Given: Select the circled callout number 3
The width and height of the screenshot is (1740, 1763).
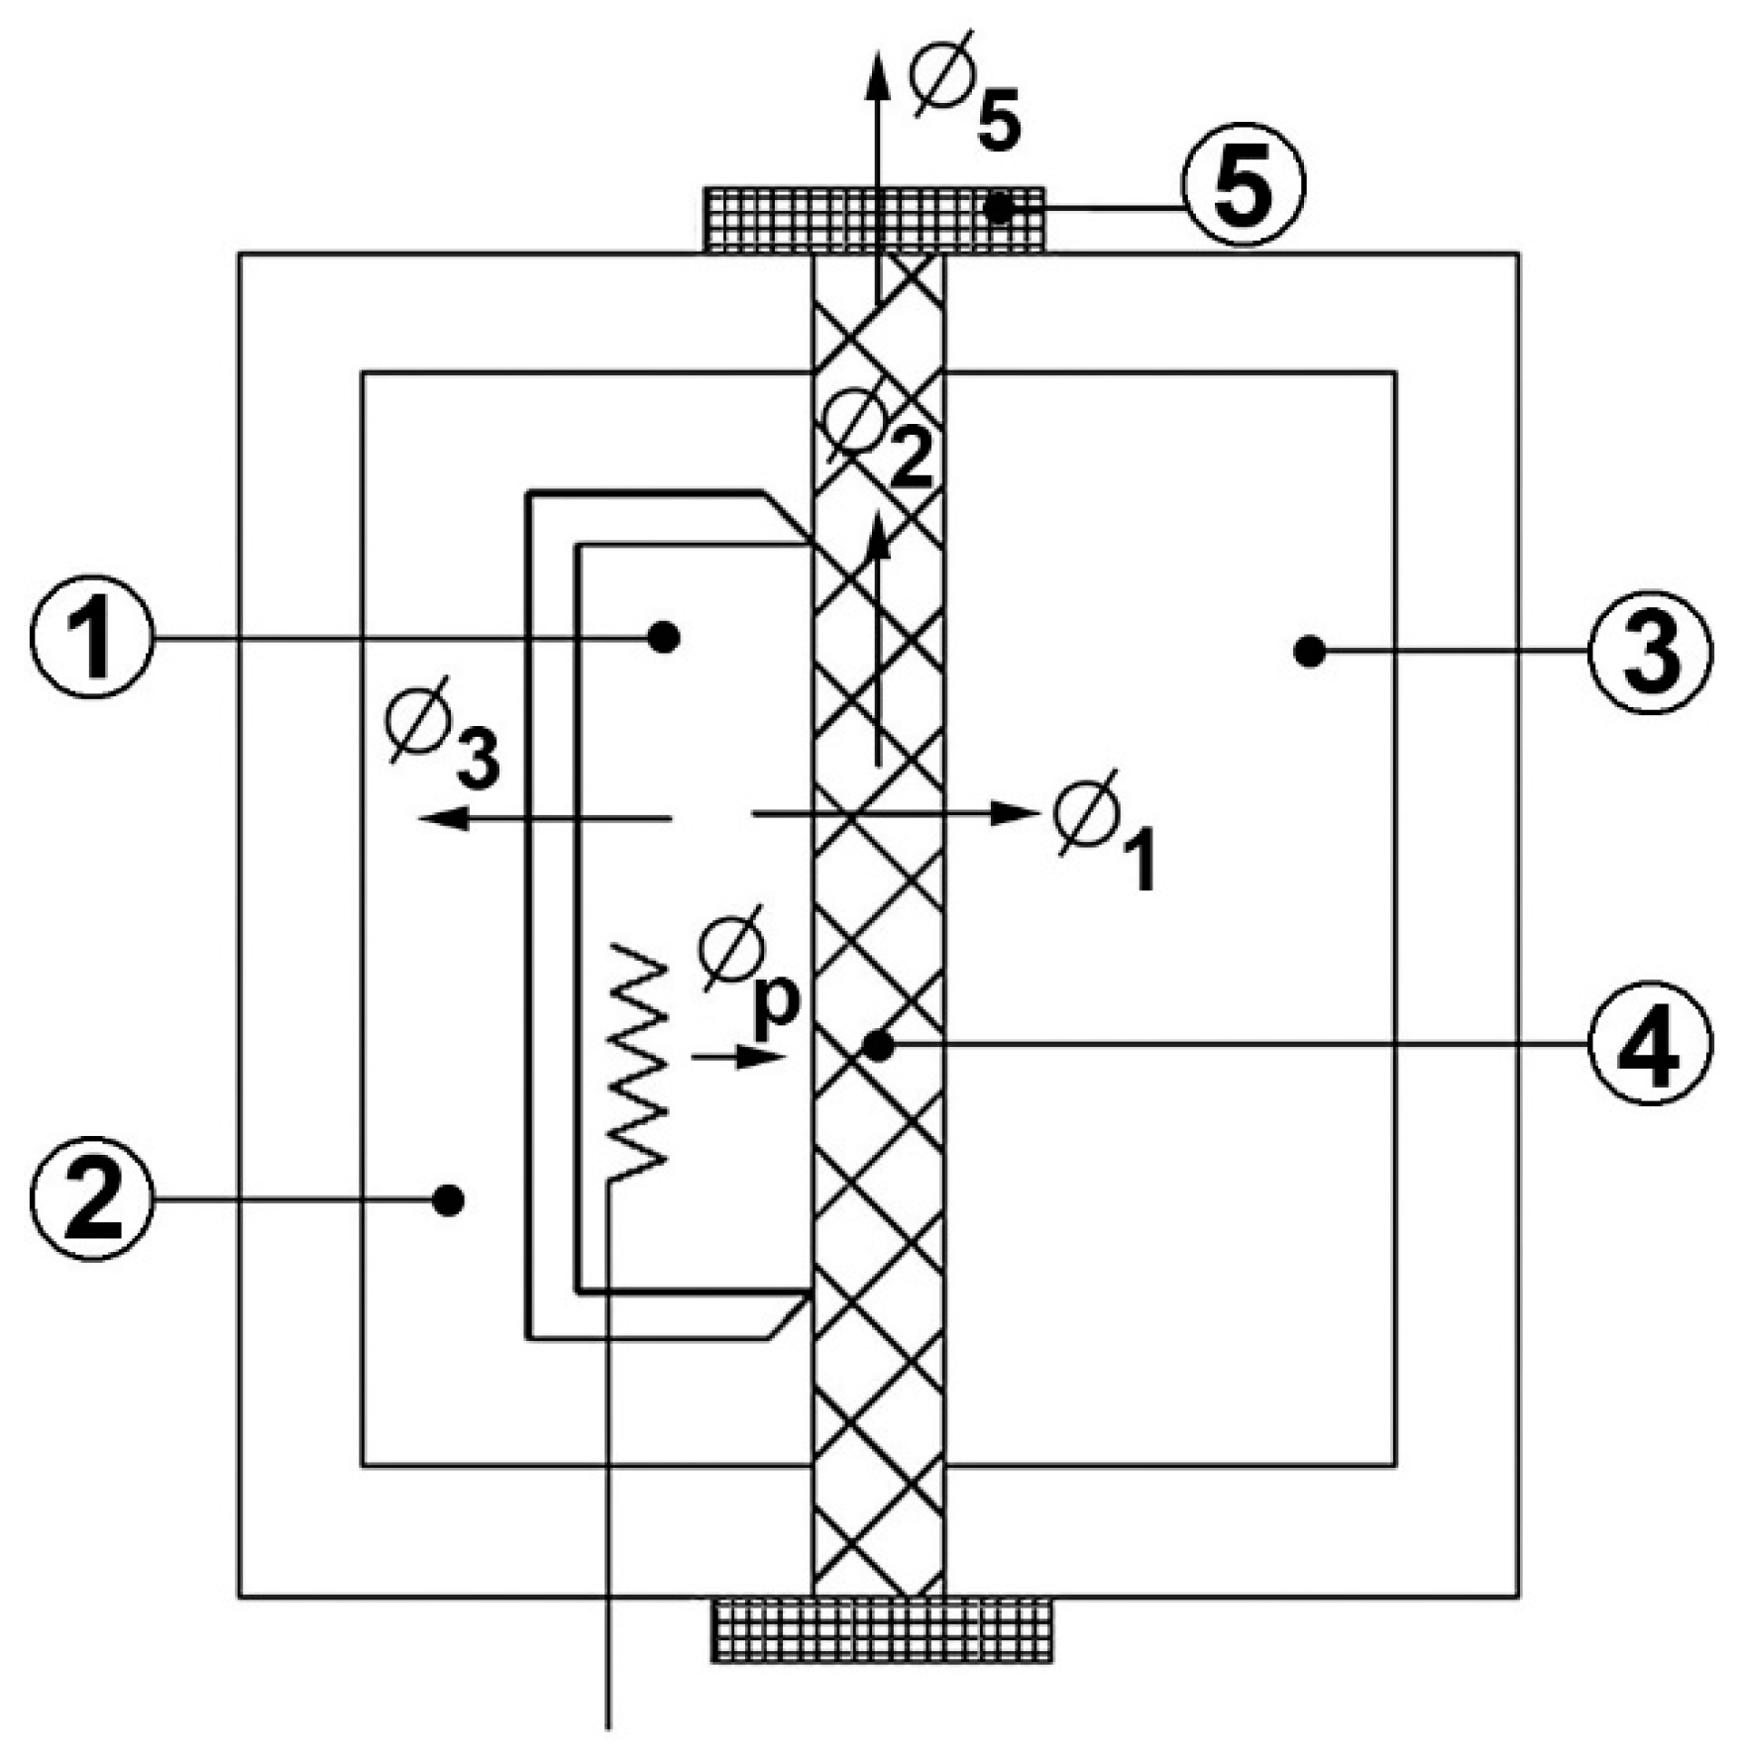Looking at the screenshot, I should pyautogui.click(x=1650, y=651).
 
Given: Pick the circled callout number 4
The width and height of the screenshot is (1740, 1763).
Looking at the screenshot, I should pyautogui.click(x=1650, y=1043).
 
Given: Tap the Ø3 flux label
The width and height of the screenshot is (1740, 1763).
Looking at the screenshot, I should pyautogui.click(x=441, y=733).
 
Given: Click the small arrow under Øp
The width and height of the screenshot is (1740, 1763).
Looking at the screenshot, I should pyautogui.click(x=738, y=1058).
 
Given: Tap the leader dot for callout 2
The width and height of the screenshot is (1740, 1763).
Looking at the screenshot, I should pyautogui.click(x=449, y=1200).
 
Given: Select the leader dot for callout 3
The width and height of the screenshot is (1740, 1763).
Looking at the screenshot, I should pyautogui.click(x=1310, y=651).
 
